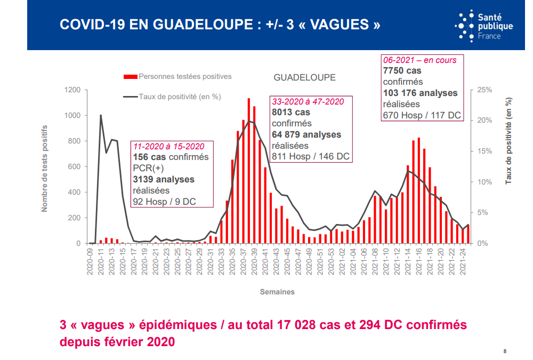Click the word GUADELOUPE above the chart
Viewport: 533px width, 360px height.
(304, 77)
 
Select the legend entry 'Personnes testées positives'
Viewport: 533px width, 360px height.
(184, 77)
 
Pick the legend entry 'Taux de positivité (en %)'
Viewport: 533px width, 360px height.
(179, 97)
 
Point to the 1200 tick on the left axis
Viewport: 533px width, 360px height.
(72, 90)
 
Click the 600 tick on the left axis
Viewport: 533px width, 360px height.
(74, 167)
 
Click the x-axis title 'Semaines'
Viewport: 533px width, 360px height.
(277, 292)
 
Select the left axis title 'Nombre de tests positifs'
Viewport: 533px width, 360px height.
(45, 167)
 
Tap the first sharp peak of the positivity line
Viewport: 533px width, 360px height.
(101, 115)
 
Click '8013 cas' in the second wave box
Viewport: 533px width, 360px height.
(291, 113)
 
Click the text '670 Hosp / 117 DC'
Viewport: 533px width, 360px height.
(422, 115)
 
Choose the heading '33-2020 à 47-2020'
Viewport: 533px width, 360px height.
(308, 101)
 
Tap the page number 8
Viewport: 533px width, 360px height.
(505, 351)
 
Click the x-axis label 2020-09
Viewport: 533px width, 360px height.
(90, 263)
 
